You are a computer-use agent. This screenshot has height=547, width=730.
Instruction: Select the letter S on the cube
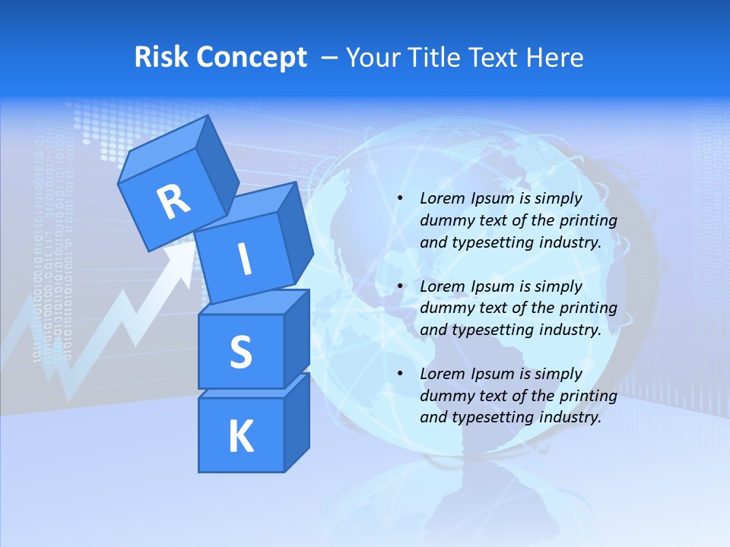(240, 353)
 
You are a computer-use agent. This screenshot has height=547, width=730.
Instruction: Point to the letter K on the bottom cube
(240, 437)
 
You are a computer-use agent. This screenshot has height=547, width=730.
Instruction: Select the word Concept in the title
(252, 57)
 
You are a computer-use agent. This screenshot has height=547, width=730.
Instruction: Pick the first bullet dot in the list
(401, 199)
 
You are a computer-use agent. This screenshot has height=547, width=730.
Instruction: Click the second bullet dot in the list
(401, 286)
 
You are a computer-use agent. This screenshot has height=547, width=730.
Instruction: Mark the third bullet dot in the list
(401, 374)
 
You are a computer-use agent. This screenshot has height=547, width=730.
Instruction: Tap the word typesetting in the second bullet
(488, 330)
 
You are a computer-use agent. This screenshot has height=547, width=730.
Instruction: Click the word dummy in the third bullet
(446, 395)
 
